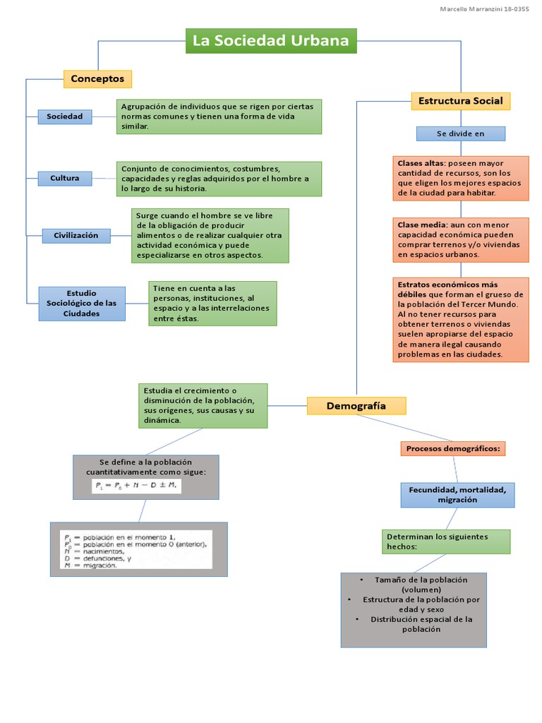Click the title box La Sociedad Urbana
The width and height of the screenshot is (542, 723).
pos(271,41)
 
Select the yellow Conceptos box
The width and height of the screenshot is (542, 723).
pos(97,78)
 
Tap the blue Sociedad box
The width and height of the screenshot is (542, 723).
pos(65,116)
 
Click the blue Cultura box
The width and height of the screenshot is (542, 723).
pos(65,178)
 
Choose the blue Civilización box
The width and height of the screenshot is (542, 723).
pos(76,236)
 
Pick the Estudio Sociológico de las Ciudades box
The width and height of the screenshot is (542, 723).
pos(82,303)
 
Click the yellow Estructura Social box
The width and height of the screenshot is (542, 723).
pos(460,101)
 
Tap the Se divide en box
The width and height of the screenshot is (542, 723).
pos(460,133)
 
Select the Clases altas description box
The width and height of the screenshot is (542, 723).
pos(460,178)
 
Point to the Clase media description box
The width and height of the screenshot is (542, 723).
pos(460,239)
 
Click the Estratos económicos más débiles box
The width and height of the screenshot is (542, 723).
pos(460,319)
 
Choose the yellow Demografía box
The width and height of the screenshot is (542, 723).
pos(356,406)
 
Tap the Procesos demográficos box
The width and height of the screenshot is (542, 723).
pos(453,448)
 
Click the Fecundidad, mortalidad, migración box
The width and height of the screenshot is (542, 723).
pos(457,494)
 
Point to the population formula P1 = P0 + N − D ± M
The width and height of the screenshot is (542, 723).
pos(137,486)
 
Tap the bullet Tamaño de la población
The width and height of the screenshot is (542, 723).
pos(413,584)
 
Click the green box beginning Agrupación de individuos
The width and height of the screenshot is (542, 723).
pos(219,116)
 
